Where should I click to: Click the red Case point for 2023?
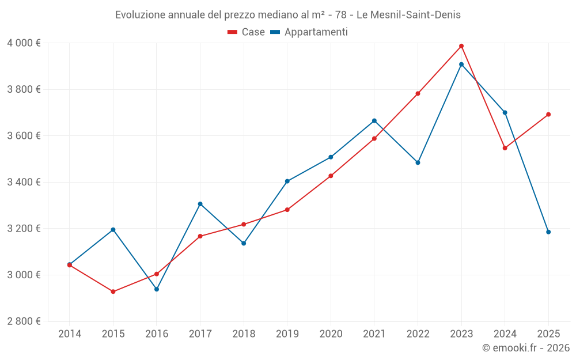pyautogui.click(x=461, y=46)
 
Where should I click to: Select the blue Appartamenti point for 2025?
pyautogui.click(x=548, y=232)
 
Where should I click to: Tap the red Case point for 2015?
pyautogui.click(x=113, y=291)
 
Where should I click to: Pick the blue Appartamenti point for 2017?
pyautogui.click(x=200, y=204)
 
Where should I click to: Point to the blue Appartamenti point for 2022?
pyautogui.click(x=418, y=162)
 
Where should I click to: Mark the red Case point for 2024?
pyautogui.click(x=505, y=148)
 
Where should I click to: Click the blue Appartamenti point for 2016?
pyautogui.click(x=157, y=289)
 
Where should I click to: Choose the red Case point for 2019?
pyautogui.click(x=287, y=210)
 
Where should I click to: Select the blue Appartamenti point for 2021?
pyautogui.click(x=374, y=120)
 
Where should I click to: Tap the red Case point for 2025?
pyautogui.click(x=548, y=114)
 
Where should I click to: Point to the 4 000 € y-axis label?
pyautogui.click(x=24, y=43)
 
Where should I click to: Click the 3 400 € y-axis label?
pyautogui.click(x=24, y=182)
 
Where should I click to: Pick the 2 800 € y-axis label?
pyautogui.click(x=24, y=321)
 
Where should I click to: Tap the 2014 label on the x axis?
pyautogui.click(x=70, y=334)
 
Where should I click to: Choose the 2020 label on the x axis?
pyautogui.click(x=331, y=334)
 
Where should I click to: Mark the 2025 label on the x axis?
pyautogui.click(x=548, y=334)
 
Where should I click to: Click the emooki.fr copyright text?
pyautogui.click(x=525, y=348)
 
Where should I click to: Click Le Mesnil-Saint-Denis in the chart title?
pyautogui.click(x=408, y=15)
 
